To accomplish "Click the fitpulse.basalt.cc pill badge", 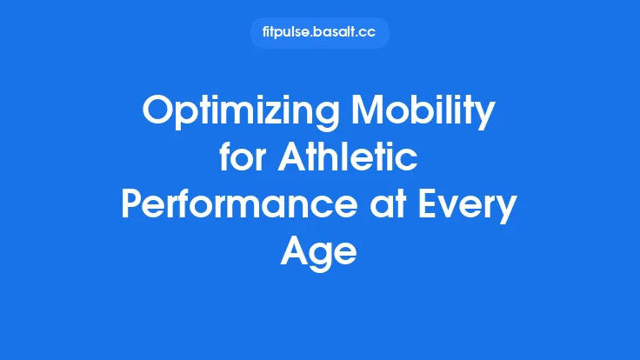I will click(x=319, y=33).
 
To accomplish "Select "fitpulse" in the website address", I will click(x=288, y=33).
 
